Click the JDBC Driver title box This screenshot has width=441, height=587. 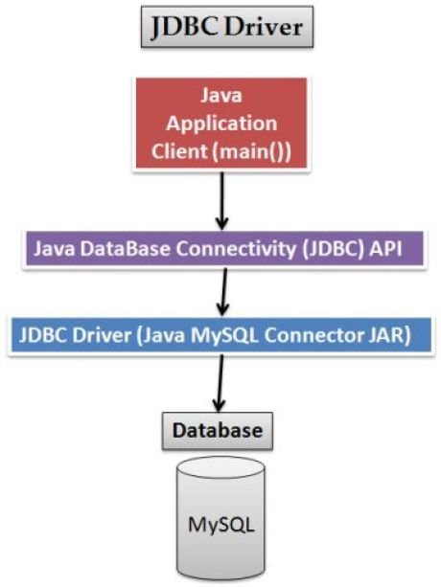(x=225, y=28)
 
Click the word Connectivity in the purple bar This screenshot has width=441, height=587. (x=228, y=249)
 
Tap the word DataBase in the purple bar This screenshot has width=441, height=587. (x=127, y=249)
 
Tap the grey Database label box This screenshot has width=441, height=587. (x=217, y=430)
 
